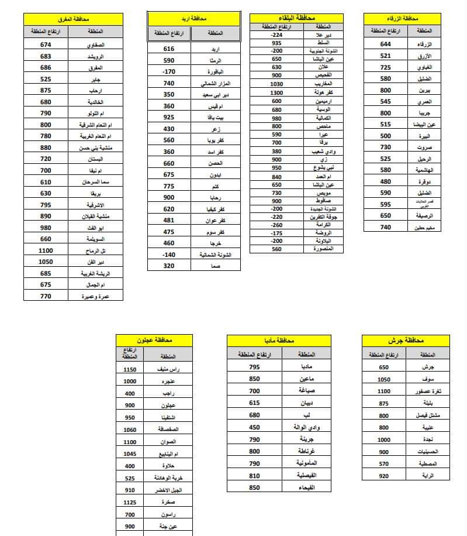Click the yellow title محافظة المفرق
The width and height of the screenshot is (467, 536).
(x=74, y=19)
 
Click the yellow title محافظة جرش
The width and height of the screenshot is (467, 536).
(x=406, y=341)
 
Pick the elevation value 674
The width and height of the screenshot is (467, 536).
(x=46, y=44)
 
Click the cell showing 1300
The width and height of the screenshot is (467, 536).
(x=276, y=92)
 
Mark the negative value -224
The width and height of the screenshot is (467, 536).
(x=276, y=35)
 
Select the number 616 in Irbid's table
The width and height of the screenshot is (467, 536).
(x=169, y=49)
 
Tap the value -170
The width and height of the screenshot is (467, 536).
(x=169, y=72)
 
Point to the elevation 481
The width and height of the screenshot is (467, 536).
(x=169, y=221)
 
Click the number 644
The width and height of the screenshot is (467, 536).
(x=385, y=44)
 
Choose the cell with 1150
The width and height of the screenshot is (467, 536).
(x=130, y=369)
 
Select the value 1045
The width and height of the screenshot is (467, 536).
(x=130, y=453)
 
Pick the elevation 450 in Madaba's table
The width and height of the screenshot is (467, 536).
(x=254, y=427)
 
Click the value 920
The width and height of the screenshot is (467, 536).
(x=383, y=476)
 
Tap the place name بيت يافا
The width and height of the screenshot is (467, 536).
(x=216, y=118)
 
